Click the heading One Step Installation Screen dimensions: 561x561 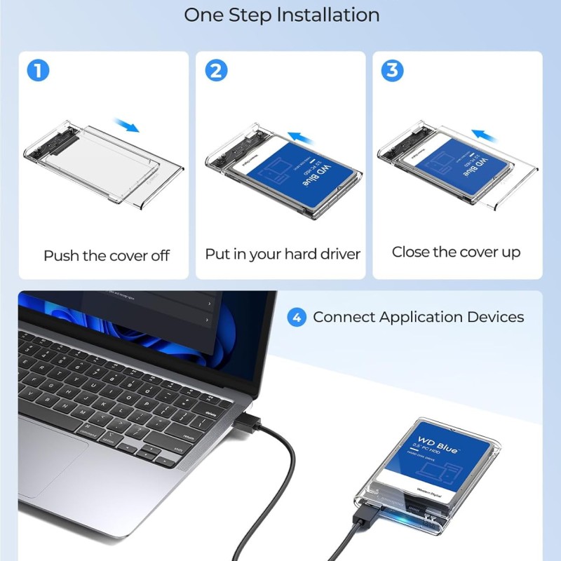pyautogui.click(x=280, y=15)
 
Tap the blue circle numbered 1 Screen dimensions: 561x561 pyautogui.click(x=38, y=71)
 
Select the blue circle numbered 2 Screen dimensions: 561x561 pyautogui.click(x=215, y=71)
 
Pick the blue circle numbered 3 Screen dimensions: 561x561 pyautogui.click(x=392, y=71)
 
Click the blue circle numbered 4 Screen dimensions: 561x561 pyautogui.click(x=297, y=317)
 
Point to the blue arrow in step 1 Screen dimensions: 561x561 pyautogui.click(x=127, y=126)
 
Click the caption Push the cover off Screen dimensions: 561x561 pyautogui.click(x=107, y=255)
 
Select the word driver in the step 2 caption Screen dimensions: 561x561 pyautogui.click(x=334, y=254)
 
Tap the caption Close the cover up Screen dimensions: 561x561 pyautogui.click(x=456, y=252)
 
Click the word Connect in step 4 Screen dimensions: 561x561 pyautogui.click(x=344, y=317)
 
